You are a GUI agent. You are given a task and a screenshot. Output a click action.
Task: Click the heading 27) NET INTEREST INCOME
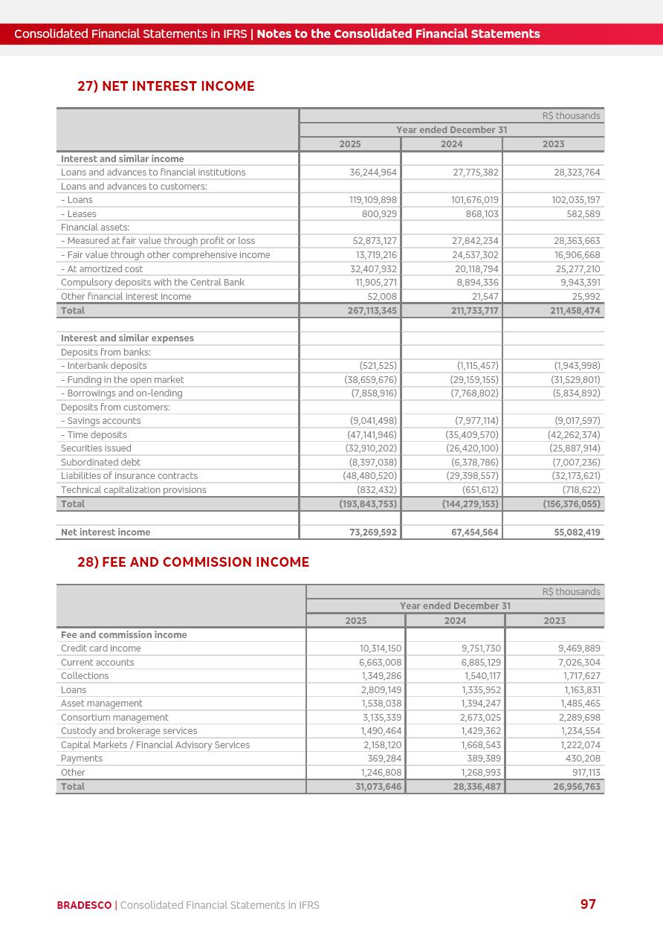click(x=166, y=86)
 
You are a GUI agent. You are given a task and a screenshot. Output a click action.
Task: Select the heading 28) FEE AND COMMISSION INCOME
click(x=193, y=562)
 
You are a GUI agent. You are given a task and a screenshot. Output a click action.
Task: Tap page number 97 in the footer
click(x=588, y=904)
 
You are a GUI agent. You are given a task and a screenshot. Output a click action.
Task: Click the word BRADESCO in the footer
click(x=84, y=905)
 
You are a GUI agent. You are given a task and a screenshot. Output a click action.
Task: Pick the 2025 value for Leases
click(x=376, y=214)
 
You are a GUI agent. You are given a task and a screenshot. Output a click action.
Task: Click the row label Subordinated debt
click(x=100, y=463)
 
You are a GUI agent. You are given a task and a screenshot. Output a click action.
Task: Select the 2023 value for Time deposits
click(x=573, y=435)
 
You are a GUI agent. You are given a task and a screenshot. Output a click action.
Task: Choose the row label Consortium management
click(x=114, y=718)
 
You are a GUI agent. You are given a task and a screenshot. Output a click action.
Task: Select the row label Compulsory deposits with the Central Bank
click(x=152, y=283)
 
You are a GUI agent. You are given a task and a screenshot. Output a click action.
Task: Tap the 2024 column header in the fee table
click(x=455, y=621)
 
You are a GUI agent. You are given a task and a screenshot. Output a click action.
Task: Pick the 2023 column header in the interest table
click(x=553, y=144)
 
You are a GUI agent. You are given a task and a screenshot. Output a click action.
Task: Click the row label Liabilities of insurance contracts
click(x=129, y=476)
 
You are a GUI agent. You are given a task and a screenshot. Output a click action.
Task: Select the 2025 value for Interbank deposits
click(x=378, y=366)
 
